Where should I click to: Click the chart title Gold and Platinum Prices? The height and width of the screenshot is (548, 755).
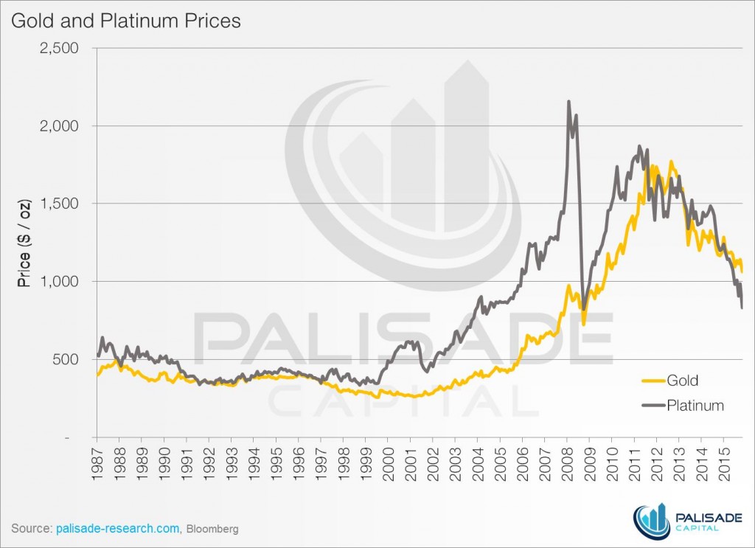point(125,21)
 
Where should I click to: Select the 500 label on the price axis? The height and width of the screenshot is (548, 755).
point(77,359)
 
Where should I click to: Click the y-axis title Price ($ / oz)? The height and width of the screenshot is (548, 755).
point(24,243)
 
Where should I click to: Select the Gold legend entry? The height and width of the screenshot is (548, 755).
point(682,381)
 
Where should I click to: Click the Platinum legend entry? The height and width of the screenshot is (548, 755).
point(695,405)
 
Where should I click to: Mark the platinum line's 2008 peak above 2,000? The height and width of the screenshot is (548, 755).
point(568,103)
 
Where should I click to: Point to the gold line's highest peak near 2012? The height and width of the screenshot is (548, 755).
point(671,162)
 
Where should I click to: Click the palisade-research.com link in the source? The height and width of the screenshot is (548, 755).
point(117,529)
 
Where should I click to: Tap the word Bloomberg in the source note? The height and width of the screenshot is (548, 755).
point(212,530)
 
